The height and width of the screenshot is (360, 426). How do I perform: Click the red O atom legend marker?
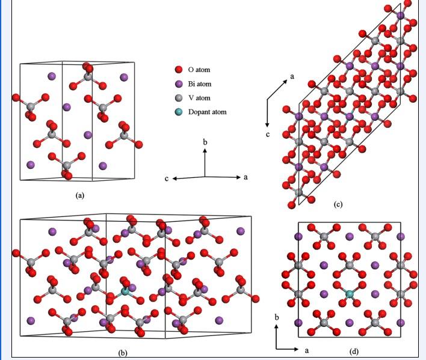tap(179, 70)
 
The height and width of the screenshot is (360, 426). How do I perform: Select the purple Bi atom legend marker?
tap(179, 84)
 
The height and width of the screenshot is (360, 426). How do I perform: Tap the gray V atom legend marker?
tap(179, 98)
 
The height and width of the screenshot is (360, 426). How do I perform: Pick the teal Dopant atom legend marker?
tap(179, 112)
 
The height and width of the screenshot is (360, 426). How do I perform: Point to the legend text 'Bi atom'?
tap(200, 84)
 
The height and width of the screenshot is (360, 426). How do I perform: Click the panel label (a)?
tap(79, 195)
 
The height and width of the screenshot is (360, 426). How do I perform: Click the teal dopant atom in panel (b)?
tap(126, 291)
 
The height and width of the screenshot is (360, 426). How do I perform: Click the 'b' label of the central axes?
tap(205, 142)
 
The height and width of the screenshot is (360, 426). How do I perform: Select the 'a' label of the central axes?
tap(245, 178)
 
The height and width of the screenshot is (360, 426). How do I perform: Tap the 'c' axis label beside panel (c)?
tap(268, 134)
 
